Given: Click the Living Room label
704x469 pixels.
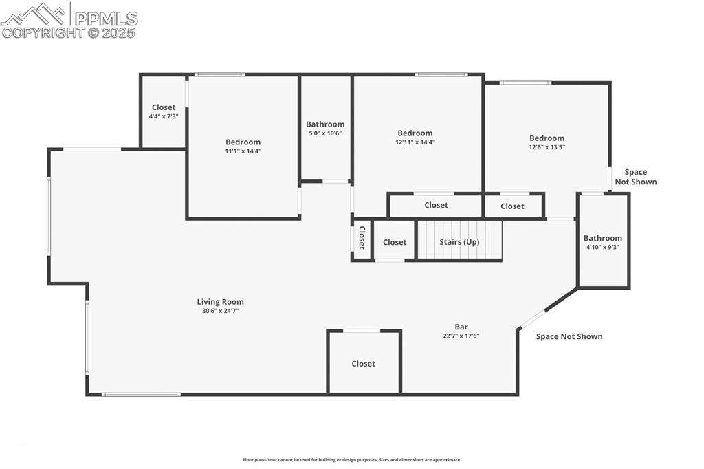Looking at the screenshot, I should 220,301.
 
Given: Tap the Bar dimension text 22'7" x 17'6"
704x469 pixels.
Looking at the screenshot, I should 461,336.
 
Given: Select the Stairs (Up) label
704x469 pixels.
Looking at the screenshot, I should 459,242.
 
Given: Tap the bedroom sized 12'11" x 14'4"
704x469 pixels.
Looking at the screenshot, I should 415,138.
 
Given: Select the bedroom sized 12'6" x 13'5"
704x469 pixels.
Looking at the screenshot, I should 547,142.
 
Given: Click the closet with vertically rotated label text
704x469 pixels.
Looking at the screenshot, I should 362,238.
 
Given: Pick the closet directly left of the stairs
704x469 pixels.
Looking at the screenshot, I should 395,242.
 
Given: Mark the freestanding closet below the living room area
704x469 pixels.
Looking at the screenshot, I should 363,363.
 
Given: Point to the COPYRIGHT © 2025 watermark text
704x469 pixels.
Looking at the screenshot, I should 69,32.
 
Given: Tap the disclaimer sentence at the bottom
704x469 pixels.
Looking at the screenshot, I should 351,459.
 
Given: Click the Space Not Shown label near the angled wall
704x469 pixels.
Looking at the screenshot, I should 569,336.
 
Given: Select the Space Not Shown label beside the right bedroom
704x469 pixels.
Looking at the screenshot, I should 635,177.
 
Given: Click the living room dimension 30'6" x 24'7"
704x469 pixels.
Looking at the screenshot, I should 220,311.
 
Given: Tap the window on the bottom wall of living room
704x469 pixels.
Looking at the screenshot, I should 141,394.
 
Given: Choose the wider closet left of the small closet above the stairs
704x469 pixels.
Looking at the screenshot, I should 436,205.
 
